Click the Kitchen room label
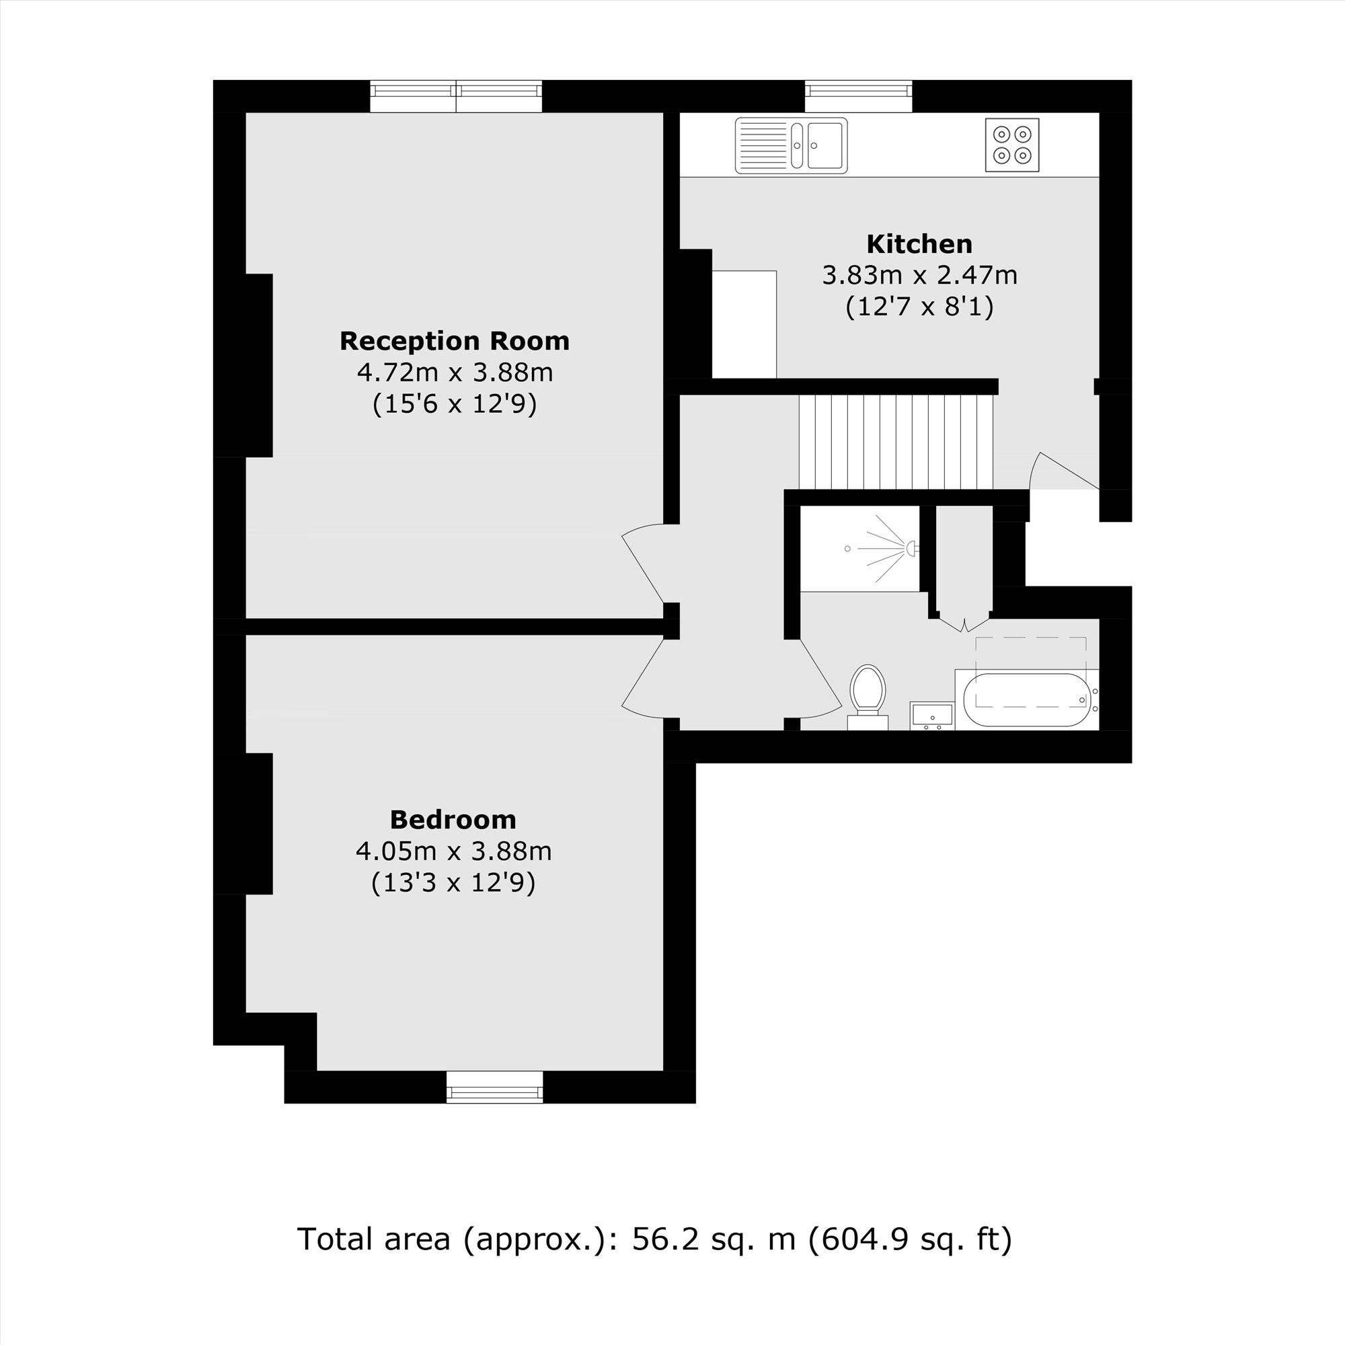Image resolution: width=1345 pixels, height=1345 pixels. click(x=919, y=244)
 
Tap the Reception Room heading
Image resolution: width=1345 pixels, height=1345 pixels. click(x=454, y=341)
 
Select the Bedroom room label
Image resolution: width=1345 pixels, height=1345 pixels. click(x=453, y=819)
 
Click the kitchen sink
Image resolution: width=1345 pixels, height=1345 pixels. click(x=791, y=145)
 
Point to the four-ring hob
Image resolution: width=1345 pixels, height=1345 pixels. click(x=1011, y=145)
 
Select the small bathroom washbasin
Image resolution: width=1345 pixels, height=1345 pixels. click(x=931, y=716)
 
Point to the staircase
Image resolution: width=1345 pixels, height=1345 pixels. click(x=896, y=442)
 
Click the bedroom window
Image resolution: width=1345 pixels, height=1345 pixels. click(x=494, y=1087)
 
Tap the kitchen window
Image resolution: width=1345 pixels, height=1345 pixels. click(x=857, y=95)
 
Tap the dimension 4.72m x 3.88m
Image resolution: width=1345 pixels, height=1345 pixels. click(x=454, y=373)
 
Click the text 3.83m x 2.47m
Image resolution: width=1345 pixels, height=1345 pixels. click(x=919, y=276)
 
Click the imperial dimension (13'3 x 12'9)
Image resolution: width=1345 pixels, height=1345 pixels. click(x=453, y=883)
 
